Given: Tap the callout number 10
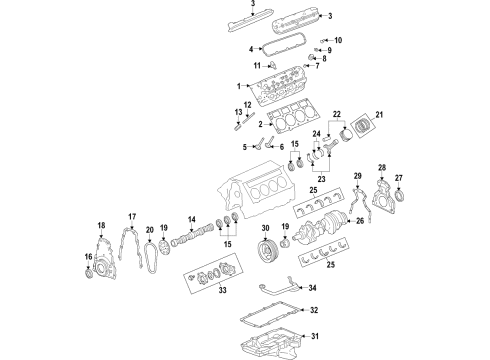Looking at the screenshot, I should [x=337, y=40].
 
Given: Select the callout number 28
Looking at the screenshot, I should [x=381, y=167].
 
